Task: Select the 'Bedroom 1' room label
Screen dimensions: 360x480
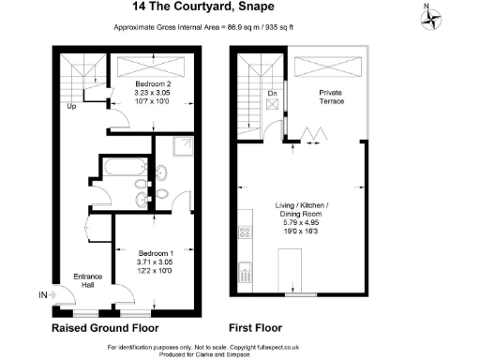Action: (156, 254)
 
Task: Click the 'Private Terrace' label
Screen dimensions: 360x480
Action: (331, 97)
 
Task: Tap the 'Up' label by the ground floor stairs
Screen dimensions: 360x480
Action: (70, 106)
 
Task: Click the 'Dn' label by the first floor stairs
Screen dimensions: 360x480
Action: (271, 94)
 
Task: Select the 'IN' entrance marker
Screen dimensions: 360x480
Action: (41, 294)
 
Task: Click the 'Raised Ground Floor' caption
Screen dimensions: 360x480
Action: (104, 328)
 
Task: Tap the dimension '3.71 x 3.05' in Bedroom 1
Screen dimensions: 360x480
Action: (156, 263)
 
